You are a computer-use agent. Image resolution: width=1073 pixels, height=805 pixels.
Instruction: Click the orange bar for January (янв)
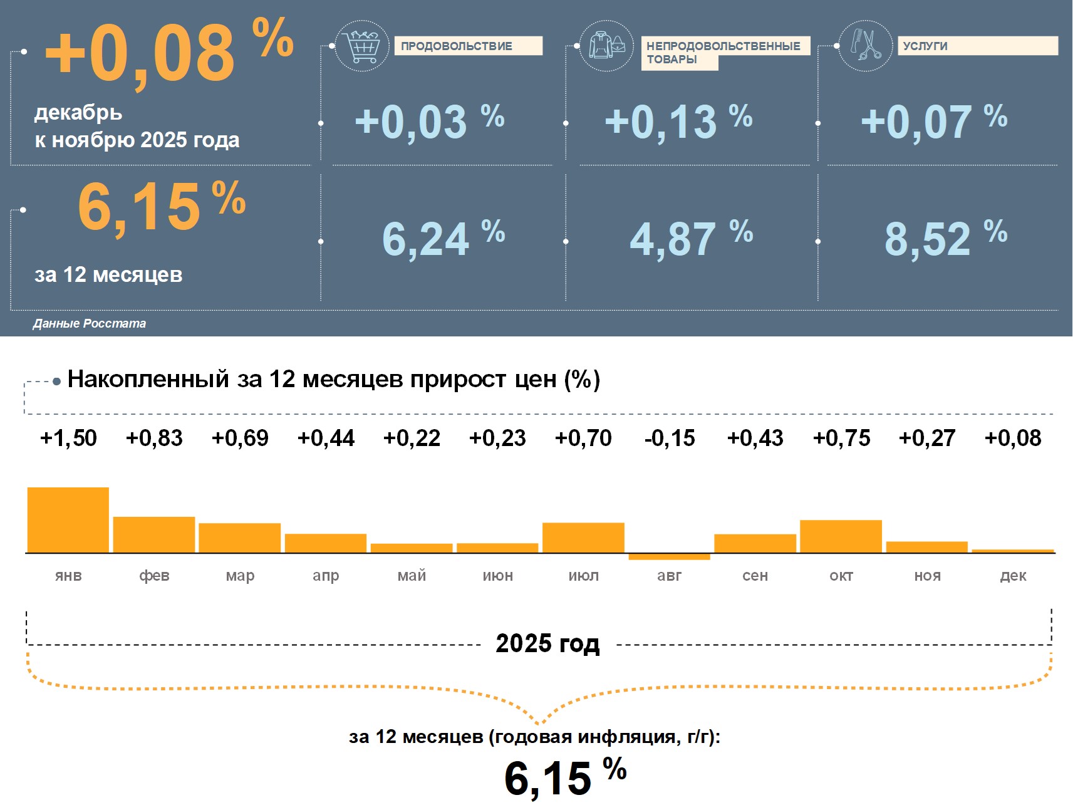click(68, 520)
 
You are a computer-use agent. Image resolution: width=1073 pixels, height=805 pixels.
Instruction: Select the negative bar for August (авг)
click(669, 556)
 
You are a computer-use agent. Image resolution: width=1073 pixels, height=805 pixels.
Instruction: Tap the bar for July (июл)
click(583, 538)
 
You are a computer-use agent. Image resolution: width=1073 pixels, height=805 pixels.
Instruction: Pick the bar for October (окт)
click(841, 536)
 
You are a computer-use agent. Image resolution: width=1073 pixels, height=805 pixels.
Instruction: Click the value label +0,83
click(154, 438)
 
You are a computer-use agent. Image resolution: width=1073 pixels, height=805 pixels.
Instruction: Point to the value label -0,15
click(670, 438)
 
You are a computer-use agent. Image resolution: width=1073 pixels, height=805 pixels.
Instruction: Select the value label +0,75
click(841, 438)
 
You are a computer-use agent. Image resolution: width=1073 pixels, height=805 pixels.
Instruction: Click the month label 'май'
click(412, 575)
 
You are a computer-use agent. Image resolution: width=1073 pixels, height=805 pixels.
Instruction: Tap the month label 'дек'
click(1013, 575)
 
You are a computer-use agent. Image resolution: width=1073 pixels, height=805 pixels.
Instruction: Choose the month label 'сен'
click(755, 575)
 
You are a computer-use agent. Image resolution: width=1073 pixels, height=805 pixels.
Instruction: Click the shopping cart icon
click(361, 46)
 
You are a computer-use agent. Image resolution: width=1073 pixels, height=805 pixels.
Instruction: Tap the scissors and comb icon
click(865, 46)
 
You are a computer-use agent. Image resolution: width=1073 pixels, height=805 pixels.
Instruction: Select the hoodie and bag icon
click(606, 46)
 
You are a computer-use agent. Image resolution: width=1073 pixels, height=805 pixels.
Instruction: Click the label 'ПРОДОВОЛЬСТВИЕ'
click(457, 46)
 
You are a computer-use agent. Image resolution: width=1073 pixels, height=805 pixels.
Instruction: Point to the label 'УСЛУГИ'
click(925, 46)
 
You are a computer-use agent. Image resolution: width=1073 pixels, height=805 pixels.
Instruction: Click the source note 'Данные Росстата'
click(90, 323)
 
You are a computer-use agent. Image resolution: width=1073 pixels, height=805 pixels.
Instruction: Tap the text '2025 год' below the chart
click(547, 643)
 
